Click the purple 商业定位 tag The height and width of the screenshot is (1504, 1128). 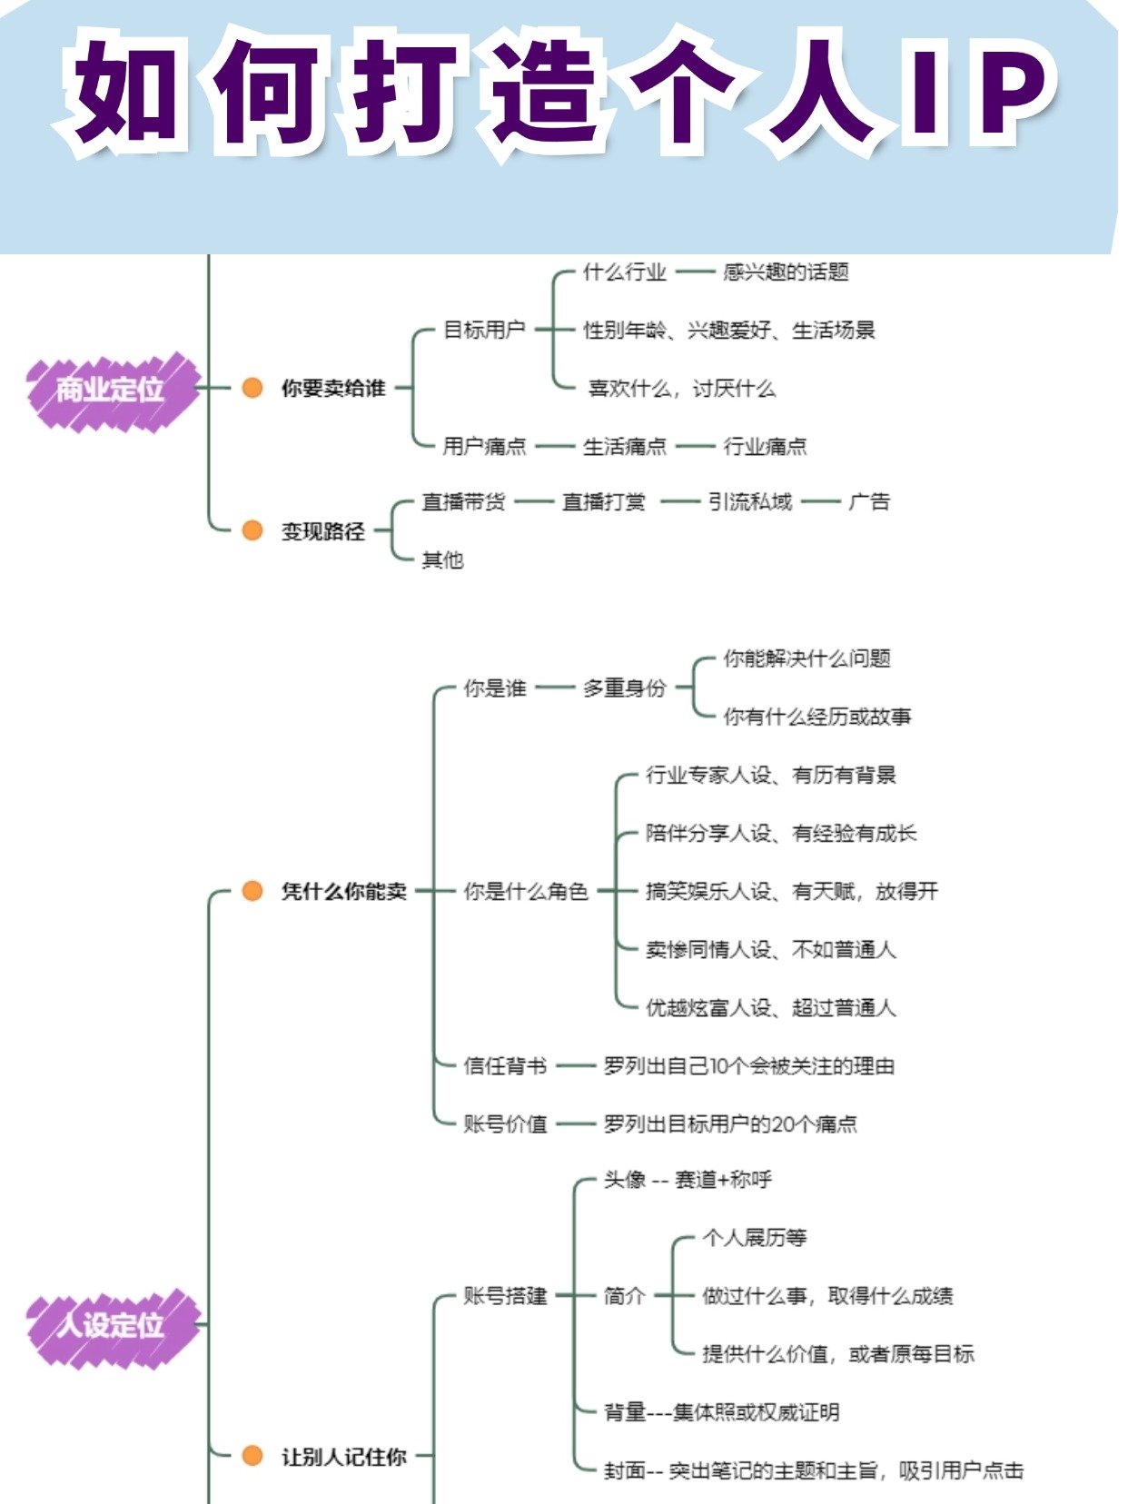pyautogui.click(x=111, y=390)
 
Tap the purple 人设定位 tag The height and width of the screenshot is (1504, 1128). pyautogui.click(x=111, y=1325)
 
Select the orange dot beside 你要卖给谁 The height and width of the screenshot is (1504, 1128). pyautogui.click(x=252, y=388)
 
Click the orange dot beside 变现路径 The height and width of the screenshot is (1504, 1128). pyautogui.click(x=252, y=530)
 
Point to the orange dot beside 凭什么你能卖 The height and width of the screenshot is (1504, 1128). pyautogui.click(x=252, y=891)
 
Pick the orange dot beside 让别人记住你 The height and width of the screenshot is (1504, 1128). pyautogui.click(x=252, y=1456)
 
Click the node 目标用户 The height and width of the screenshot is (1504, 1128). pyautogui.click(x=484, y=330)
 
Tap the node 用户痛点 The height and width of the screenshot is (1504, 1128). pyautogui.click(x=484, y=446)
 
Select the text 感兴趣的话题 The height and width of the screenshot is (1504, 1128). pyautogui.click(x=786, y=272)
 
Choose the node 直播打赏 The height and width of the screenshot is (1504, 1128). pyautogui.click(x=603, y=501)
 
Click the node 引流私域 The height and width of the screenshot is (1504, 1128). pyautogui.click(x=750, y=501)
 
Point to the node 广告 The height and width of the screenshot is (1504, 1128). pyautogui.click(x=869, y=501)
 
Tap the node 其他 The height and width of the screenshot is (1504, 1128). pyautogui.click(x=442, y=559)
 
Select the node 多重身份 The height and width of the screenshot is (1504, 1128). pyautogui.click(x=624, y=688)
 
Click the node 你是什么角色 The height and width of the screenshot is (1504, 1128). pyautogui.click(x=526, y=891)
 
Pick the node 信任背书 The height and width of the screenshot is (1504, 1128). pyautogui.click(x=505, y=1065)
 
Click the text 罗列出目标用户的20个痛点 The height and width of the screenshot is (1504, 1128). pyautogui.click(x=730, y=1123)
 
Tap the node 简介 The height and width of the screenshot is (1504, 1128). pyautogui.click(x=624, y=1296)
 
